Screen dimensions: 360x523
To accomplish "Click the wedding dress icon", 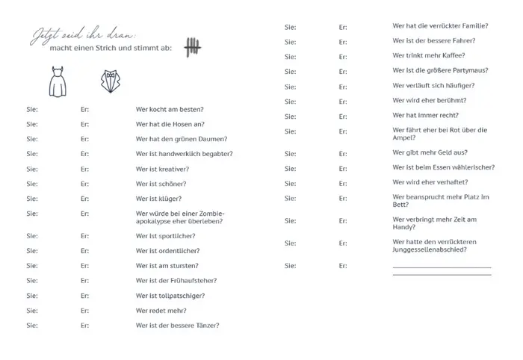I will (x=58, y=82).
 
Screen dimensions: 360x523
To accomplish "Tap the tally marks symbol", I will (x=192, y=48).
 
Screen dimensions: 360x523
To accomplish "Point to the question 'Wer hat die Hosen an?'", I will (x=170, y=124).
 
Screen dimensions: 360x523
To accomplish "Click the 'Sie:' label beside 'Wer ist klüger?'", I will (x=32, y=199).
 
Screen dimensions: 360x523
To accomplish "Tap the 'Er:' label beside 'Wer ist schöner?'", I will (x=85, y=184).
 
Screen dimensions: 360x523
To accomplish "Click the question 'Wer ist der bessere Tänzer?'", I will (x=177, y=326).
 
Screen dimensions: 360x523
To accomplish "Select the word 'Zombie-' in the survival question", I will (x=212, y=214).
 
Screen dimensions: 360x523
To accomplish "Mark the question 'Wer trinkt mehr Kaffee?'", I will (x=429, y=55).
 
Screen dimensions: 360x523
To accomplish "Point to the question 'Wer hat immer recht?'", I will (x=425, y=115).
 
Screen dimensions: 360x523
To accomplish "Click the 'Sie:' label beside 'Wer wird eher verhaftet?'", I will (x=290, y=182).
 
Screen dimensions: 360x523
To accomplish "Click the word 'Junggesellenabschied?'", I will (x=430, y=250).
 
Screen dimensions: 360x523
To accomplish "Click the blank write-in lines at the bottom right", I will (x=442, y=270).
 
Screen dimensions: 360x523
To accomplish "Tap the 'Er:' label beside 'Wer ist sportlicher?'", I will (x=85, y=236).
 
